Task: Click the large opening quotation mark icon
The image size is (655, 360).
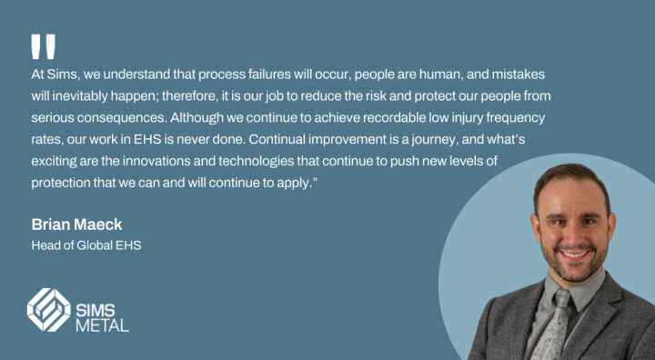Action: [43, 46]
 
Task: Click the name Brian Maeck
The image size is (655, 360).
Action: [77, 225]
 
